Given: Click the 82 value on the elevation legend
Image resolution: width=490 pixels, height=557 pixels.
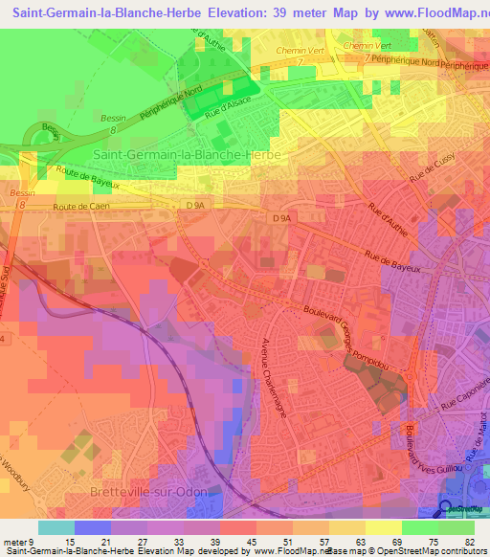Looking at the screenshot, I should click(468, 544).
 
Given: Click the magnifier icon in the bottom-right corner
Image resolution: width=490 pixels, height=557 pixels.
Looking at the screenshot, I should click(445, 508).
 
